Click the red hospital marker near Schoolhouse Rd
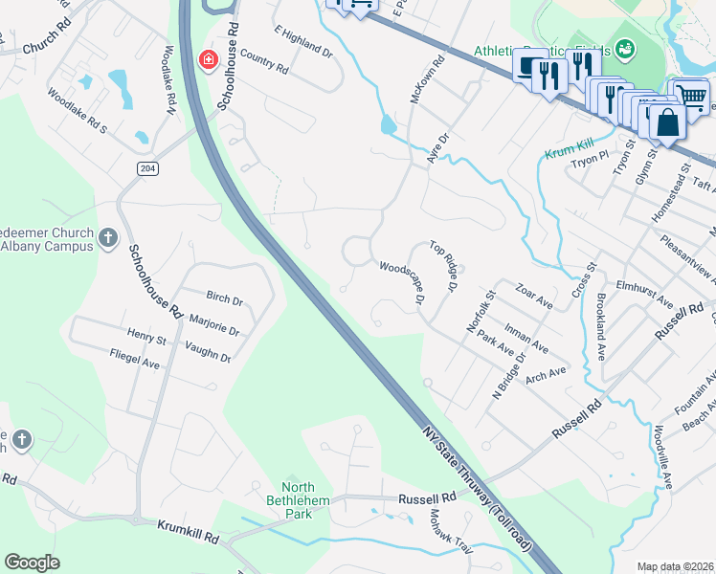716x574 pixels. coord(207,61)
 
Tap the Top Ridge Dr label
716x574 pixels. coord(445,266)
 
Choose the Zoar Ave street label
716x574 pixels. coord(534,301)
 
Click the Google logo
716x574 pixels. coord(32,563)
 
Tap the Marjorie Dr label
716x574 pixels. coord(214,319)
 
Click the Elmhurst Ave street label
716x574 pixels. coord(645,292)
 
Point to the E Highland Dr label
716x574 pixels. coord(302,41)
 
